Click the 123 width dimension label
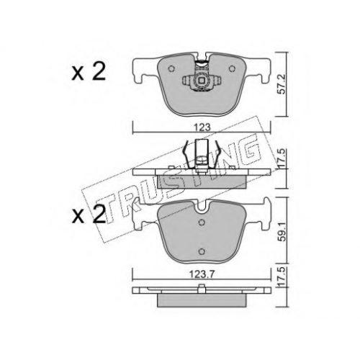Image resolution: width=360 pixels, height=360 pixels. (x=202, y=127)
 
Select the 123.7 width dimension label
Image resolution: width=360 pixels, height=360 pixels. (x=202, y=274)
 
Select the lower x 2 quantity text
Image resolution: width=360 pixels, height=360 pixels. (x=89, y=215)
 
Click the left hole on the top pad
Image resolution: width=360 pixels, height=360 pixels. (x=171, y=69)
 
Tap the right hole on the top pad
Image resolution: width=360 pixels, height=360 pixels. (x=232, y=69)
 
